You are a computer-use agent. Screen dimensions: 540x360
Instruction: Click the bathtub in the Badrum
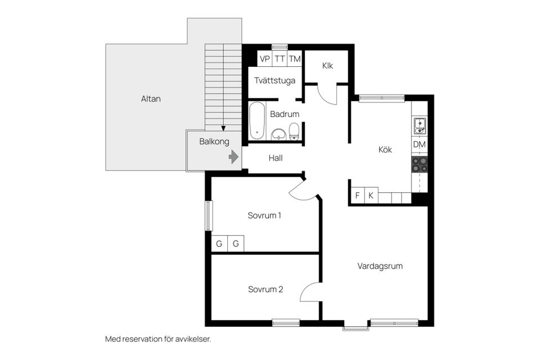click(x=257, y=120)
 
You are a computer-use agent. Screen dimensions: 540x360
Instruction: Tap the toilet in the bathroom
click(x=294, y=132)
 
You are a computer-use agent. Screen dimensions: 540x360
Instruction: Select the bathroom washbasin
click(x=278, y=134)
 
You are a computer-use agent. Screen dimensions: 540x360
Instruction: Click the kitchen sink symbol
click(x=420, y=126)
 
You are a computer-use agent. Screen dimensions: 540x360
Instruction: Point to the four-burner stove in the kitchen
click(x=420, y=164)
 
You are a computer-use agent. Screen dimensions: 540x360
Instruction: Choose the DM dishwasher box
click(x=420, y=145)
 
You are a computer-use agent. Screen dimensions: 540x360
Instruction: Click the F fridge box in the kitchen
click(x=357, y=195)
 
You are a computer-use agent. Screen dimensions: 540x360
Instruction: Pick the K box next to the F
click(x=371, y=195)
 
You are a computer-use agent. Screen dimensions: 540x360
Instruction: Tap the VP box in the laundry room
click(x=264, y=59)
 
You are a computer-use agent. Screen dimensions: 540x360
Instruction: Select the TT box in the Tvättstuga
click(x=280, y=59)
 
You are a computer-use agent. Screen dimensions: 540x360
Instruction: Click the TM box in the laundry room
click(x=294, y=59)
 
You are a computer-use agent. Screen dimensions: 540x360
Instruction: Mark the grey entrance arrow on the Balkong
click(x=233, y=157)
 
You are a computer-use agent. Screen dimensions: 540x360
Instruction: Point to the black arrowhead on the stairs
click(x=223, y=128)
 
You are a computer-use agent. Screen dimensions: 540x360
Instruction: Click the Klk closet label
click(x=327, y=65)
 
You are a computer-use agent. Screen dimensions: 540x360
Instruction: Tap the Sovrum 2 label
click(x=265, y=289)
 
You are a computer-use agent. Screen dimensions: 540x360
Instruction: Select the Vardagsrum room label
click(x=380, y=266)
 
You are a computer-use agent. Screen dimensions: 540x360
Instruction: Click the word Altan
click(x=151, y=99)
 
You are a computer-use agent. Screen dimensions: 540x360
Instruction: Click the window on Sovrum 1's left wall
click(x=209, y=215)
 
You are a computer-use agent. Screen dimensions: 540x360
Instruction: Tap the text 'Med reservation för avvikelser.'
click(x=158, y=339)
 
